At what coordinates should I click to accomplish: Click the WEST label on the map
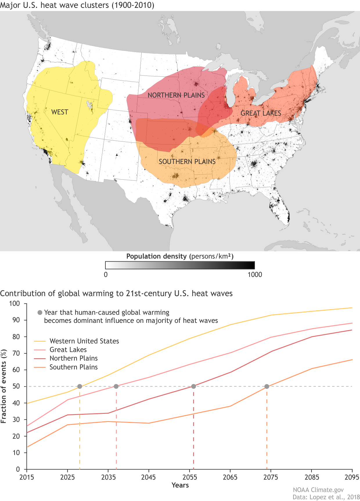click(x=60, y=112)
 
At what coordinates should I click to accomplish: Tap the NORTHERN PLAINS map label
click(x=176, y=95)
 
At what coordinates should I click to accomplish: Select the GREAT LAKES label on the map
click(x=261, y=113)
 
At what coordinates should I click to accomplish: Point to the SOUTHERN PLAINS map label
click(x=187, y=162)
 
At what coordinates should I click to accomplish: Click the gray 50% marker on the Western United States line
click(x=80, y=387)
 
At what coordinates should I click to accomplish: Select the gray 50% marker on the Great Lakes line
click(x=116, y=387)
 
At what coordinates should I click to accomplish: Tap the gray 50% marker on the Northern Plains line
click(x=194, y=387)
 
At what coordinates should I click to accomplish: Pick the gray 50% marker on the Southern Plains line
click(x=267, y=387)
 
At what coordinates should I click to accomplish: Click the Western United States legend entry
click(x=84, y=341)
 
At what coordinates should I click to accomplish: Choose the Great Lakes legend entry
click(x=68, y=350)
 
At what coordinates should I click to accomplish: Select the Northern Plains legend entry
click(x=73, y=358)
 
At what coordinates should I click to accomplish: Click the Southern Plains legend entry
click(x=73, y=367)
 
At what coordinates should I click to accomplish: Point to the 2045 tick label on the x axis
click(x=149, y=477)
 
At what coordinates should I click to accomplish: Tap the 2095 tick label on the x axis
click(x=352, y=477)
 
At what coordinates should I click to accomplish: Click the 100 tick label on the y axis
click(x=14, y=304)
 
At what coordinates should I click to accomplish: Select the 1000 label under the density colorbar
click(x=255, y=275)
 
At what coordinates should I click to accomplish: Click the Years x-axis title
click(x=180, y=485)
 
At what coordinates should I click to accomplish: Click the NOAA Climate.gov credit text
click(x=318, y=490)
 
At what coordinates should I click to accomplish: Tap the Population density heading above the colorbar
click(x=180, y=256)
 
